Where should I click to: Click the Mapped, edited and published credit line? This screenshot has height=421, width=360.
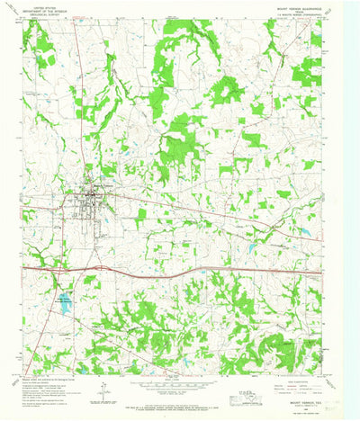click(54, 381)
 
